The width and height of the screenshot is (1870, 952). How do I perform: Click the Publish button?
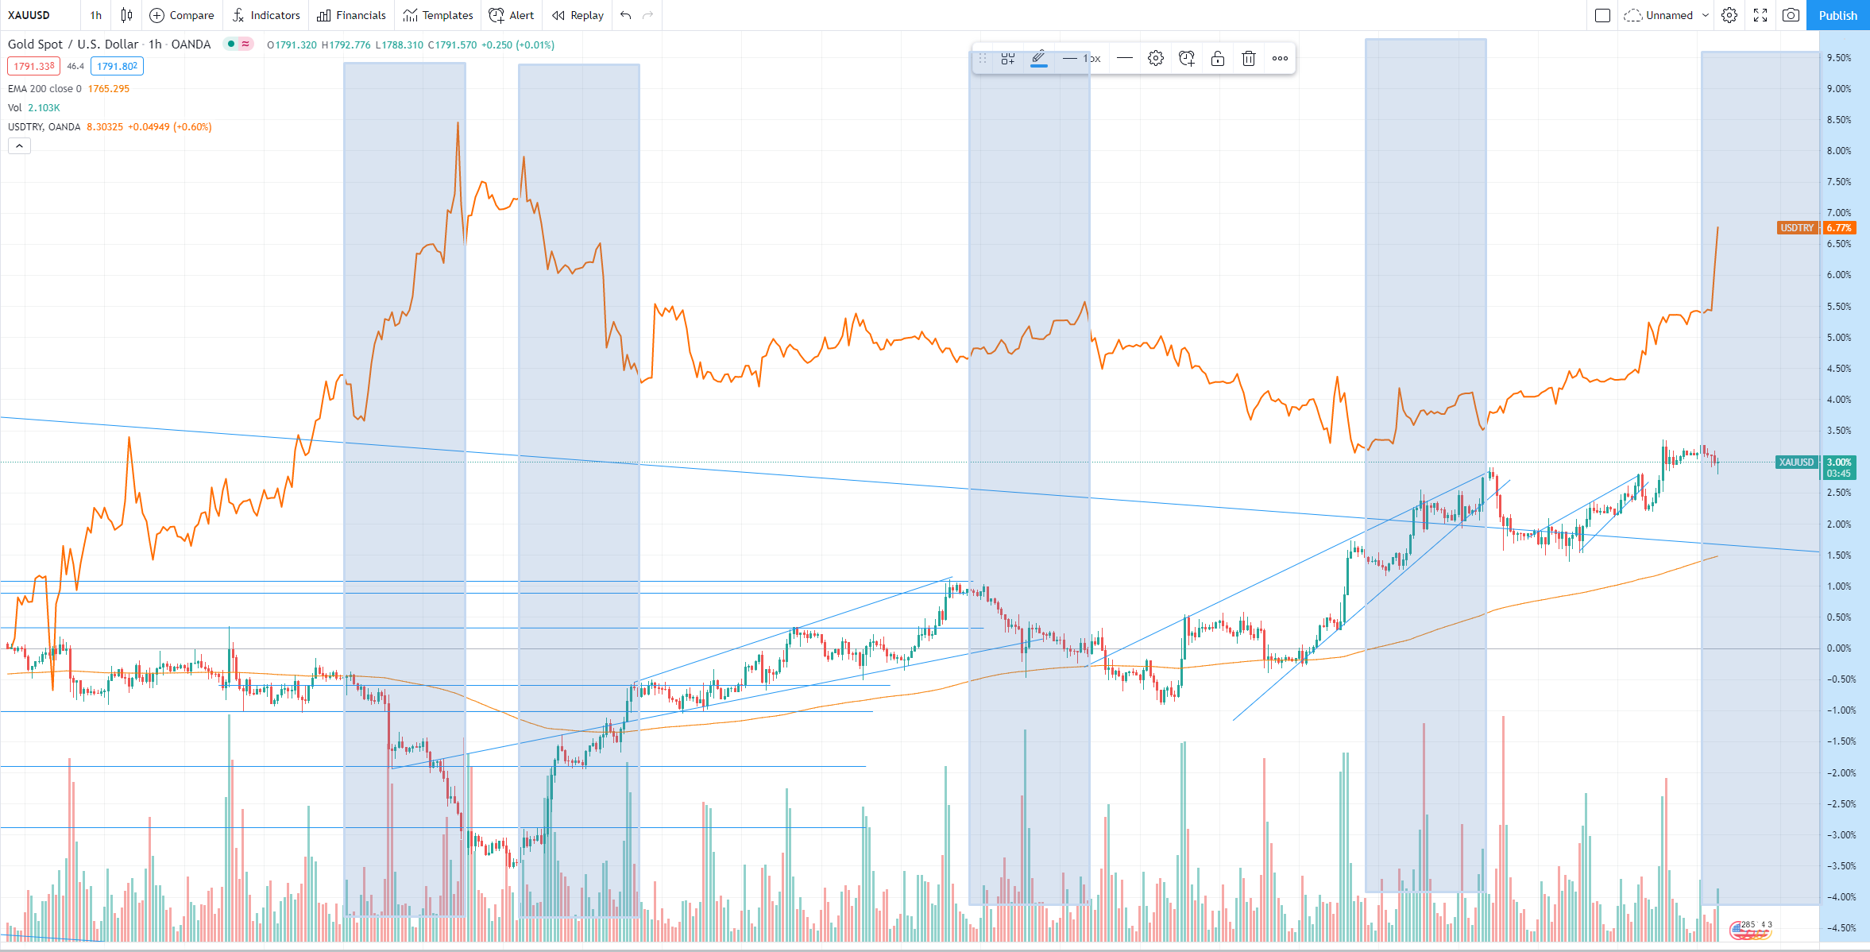[x=1837, y=15]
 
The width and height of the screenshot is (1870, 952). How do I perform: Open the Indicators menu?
[x=266, y=15]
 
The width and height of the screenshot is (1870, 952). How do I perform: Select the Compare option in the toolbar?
[x=182, y=15]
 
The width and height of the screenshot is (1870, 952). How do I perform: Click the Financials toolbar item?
[x=351, y=15]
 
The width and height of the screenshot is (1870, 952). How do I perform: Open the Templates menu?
[x=438, y=15]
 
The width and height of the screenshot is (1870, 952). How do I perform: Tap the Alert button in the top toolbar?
[x=512, y=15]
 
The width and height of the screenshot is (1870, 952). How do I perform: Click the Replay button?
[x=578, y=15]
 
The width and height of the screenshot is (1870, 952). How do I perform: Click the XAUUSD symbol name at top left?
[x=29, y=15]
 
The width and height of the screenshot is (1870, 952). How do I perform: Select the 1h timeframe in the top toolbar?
[x=96, y=15]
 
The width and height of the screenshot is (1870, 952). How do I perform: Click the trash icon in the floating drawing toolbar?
[x=1249, y=58]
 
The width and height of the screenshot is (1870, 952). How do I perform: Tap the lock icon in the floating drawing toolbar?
[x=1218, y=58]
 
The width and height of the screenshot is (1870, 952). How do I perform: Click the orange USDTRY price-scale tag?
[x=1797, y=228]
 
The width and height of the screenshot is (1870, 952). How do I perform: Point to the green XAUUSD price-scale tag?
[x=1796, y=462]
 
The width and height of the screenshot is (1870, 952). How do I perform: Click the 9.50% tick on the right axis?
[x=1839, y=58]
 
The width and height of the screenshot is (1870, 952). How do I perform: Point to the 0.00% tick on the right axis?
[x=1839, y=648]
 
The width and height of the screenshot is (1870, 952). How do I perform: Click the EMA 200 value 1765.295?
[x=109, y=89]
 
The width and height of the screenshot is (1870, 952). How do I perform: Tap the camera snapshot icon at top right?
[x=1791, y=15]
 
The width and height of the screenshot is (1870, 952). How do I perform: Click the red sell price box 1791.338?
[x=34, y=67]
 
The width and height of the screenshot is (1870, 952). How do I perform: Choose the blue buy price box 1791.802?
[x=117, y=67]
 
